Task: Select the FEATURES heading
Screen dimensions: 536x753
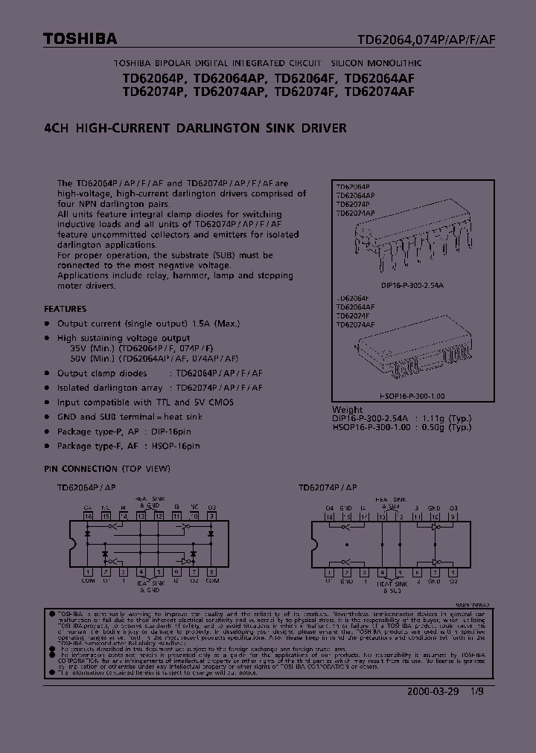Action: [65, 308]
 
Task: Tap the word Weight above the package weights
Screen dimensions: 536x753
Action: [348, 409]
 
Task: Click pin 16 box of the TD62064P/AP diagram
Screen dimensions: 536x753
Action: [88, 515]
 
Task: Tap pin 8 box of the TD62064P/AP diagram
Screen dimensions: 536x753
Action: [212, 572]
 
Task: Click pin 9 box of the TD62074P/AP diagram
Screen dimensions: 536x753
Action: [453, 515]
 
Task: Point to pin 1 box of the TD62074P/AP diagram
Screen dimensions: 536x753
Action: [328, 572]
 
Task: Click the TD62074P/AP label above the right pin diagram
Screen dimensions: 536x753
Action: [327, 487]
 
